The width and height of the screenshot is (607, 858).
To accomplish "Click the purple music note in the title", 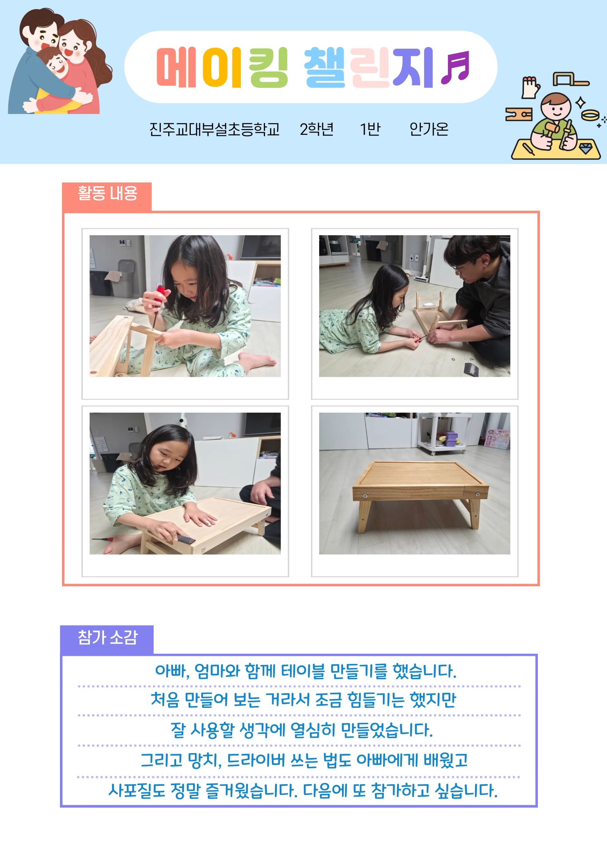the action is coord(455,67).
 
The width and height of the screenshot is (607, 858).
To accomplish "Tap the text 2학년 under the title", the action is coord(316,129).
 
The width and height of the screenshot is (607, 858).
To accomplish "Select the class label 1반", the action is coord(370,129).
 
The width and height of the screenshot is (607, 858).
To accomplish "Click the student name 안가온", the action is coord(429,129).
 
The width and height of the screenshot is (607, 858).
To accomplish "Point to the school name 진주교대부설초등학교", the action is coord(215,129).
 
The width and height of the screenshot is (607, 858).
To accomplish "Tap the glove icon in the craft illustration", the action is coord(530,87).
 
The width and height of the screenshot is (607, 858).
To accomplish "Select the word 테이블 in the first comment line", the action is coord(303,671).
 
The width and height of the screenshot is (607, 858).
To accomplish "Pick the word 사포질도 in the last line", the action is coord(137,790).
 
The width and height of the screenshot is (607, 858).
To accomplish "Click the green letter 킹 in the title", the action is coord(268,67).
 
